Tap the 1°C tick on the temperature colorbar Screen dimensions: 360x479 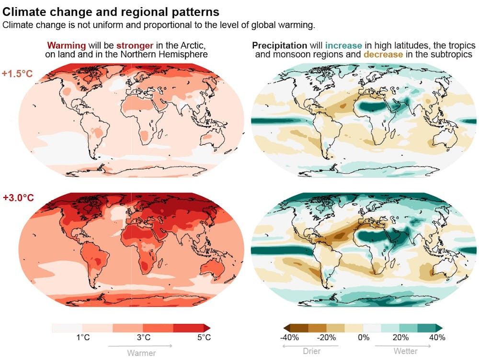click(x=83, y=337)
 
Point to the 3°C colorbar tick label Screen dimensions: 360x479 click(x=144, y=337)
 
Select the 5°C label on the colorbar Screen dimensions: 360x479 click(x=204, y=337)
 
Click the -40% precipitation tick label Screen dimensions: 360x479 click(x=289, y=337)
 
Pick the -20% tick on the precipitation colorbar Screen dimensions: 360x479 click(x=327, y=337)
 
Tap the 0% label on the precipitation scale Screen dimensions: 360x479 click(x=364, y=337)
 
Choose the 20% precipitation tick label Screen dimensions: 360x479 click(x=400, y=337)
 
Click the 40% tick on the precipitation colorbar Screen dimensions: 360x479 click(x=437, y=337)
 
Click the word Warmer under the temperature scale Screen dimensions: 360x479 click(x=141, y=353)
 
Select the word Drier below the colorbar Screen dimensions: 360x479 click(x=312, y=351)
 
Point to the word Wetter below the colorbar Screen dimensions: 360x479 click(x=405, y=351)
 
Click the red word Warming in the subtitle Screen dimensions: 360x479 click(x=67, y=46)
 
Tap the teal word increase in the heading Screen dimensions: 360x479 click(x=343, y=46)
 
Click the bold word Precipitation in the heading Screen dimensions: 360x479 click(x=279, y=46)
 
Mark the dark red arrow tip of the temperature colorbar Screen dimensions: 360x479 click(x=207, y=328)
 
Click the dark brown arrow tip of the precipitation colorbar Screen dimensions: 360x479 click(x=282, y=328)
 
